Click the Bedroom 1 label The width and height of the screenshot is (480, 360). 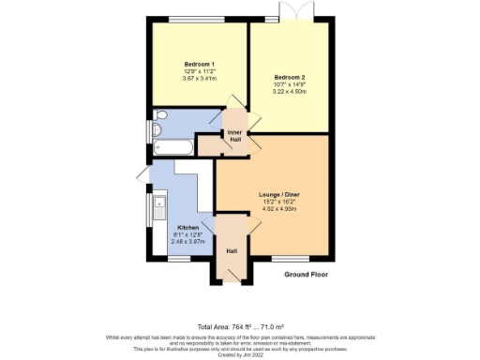[198, 64]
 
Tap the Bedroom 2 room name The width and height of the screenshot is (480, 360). [290, 77]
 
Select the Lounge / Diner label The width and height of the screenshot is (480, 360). [278, 194]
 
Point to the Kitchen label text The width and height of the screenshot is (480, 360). [188, 228]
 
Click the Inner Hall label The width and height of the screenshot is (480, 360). [235, 137]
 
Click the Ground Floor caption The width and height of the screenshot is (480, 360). [307, 275]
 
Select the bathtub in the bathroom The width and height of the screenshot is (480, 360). [173, 148]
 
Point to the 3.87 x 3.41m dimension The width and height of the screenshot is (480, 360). [198, 78]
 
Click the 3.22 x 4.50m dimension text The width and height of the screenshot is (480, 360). [290, 92]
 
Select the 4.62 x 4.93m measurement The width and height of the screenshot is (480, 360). [278, 209]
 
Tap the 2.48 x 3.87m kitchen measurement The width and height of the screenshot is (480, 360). [188, 242]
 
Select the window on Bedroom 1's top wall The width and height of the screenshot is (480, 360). [197, 20]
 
